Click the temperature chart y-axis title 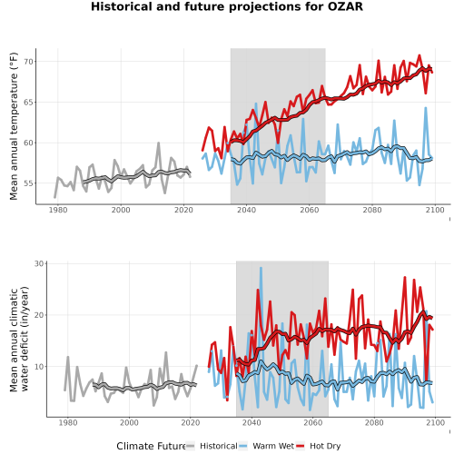coord(14,126)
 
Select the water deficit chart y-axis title coord(19,339)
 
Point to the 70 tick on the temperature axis coord(28,62)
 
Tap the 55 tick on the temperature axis coord(28,183)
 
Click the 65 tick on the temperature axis coord(28,103)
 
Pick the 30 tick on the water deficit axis coord(39,263)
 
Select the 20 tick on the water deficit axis coord(39,315)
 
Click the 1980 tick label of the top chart coord(58,210)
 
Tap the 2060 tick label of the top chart coord(310,210)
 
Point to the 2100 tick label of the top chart coord(435,210)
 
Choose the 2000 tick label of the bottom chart coord(129,422)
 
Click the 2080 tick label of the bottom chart coord(374,422)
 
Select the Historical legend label coord(219,446)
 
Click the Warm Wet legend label coord(273,446)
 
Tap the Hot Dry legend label coord(325,446)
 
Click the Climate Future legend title coord(151,446)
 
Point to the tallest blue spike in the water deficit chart coord(261,268)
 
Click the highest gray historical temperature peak coord(158,143)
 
